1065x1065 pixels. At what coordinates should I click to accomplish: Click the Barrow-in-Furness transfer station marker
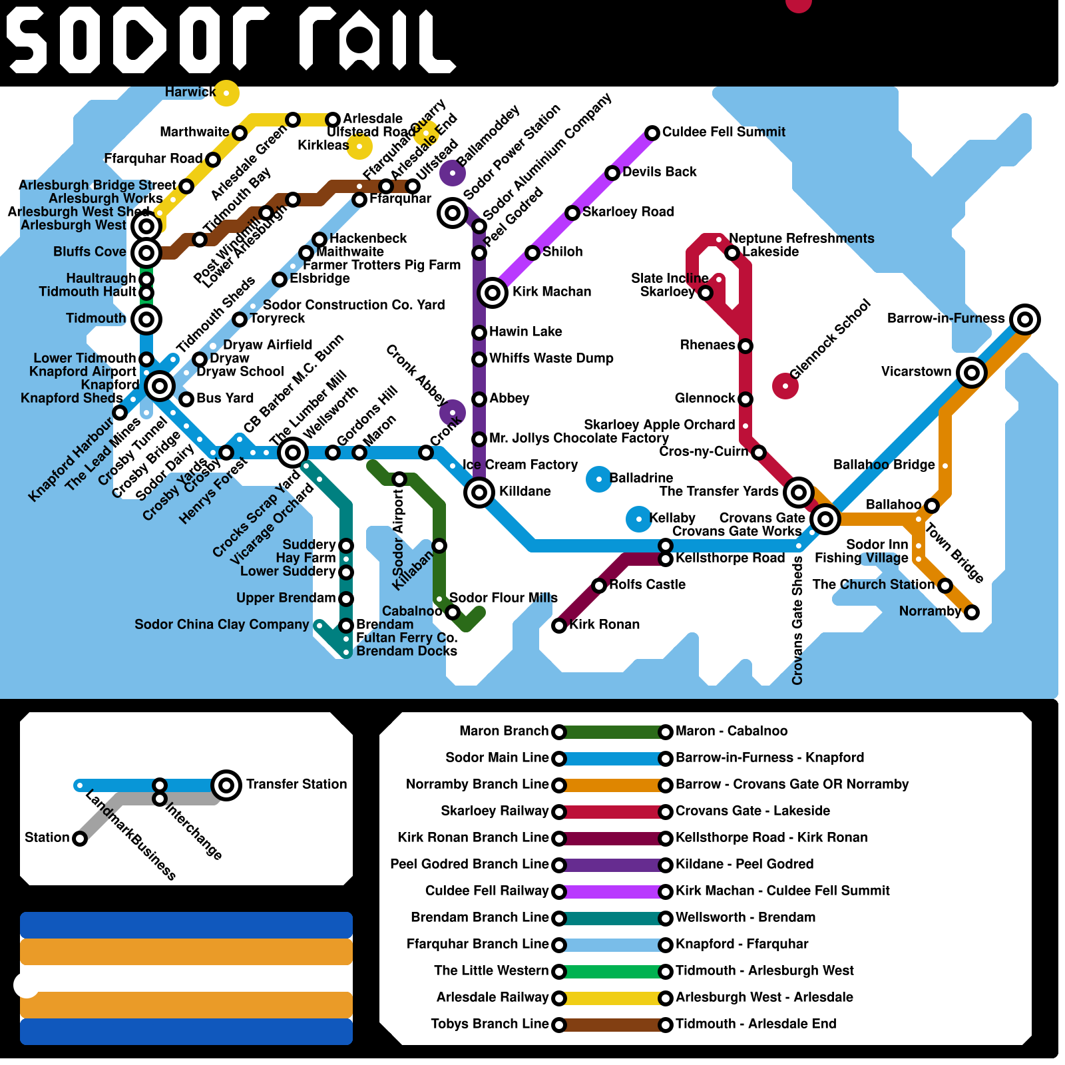pyautogui.click(x=1025, y=319)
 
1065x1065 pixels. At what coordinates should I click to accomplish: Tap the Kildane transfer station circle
pyautogui.click(x=479, y=493)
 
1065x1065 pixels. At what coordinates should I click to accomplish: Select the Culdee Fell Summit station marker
pyautogui.click(x=652, y=133)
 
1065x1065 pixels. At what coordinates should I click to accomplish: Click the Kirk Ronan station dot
pyautogui.click(x=559, y=626)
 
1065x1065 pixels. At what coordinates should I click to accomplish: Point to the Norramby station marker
pyautogui.click(x=972, y=612)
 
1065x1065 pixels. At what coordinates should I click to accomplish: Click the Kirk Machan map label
pyautogui.click(x=551, y=292)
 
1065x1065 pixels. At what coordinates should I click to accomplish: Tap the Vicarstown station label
pyautogui.click(x=916, y=371)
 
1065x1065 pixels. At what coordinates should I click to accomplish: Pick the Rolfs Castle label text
pyautogui.click(x=647, y=584)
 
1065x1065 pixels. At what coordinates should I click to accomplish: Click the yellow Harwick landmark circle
pyautogui.click(x=226, y=93)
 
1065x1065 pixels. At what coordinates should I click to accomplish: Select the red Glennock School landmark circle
pyautogui.click(x=785, y=386)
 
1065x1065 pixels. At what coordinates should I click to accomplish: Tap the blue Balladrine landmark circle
pyautogui.click(x=599, y=479)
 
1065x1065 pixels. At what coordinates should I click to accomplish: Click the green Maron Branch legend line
pyautogui.click(x=612, y=732)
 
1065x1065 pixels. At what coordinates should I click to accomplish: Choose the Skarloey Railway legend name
pyautogui.click(x=495, y=811)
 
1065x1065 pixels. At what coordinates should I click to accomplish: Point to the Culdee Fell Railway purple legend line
pyautogui.click(x=612, y=892)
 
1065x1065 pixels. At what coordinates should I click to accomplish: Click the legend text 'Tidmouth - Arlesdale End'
pyautogui.click(x=755, y=1024)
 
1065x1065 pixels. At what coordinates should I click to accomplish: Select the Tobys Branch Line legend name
pyautogui.click(x=490, y=1024)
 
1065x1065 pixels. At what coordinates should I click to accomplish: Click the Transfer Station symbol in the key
pyautogui.click(x=226, y=785)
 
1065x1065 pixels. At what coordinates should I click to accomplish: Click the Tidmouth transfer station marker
pyautogui.click(x=146, y=319)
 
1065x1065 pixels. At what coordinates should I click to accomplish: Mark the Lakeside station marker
pyautogui.click(x=732, y=253)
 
